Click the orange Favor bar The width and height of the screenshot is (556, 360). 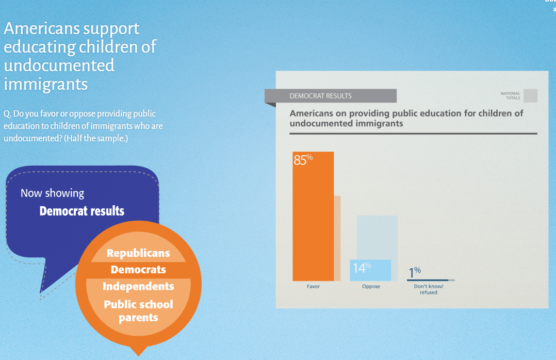[313, 217]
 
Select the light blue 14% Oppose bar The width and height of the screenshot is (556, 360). [370, 270]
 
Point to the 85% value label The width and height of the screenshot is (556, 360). [303, 160]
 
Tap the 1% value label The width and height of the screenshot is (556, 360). [415, 270]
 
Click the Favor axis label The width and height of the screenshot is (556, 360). [313, 286]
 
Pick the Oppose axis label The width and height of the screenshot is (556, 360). [371, 286]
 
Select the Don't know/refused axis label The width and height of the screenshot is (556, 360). [428, 289]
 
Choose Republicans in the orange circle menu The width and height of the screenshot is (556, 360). [138, 253]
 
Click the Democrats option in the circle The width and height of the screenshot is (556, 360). [138, 270]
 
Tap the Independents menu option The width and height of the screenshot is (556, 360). [138, 286]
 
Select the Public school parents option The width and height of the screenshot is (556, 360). [138, 310]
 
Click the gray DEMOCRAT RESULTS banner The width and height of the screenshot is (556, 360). [331, 96]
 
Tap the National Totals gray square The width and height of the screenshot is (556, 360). [530, 95]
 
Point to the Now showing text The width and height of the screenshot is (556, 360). [52, 193]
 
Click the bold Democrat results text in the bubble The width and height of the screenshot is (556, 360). [82, 211]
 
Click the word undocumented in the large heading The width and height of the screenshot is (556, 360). [59, 66]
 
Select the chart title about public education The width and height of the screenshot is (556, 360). [406, 118]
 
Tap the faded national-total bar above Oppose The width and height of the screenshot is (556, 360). [377, 237]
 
